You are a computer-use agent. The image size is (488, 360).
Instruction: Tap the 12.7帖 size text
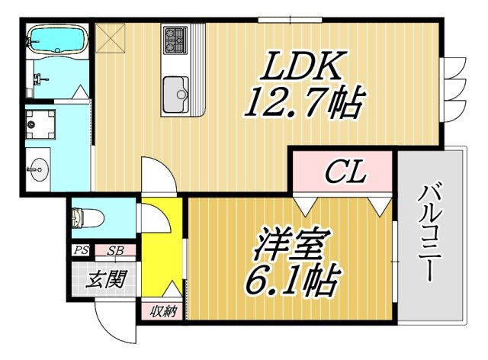(x=302, y=104)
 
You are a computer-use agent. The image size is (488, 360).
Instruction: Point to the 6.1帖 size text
(x=291, y=282)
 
